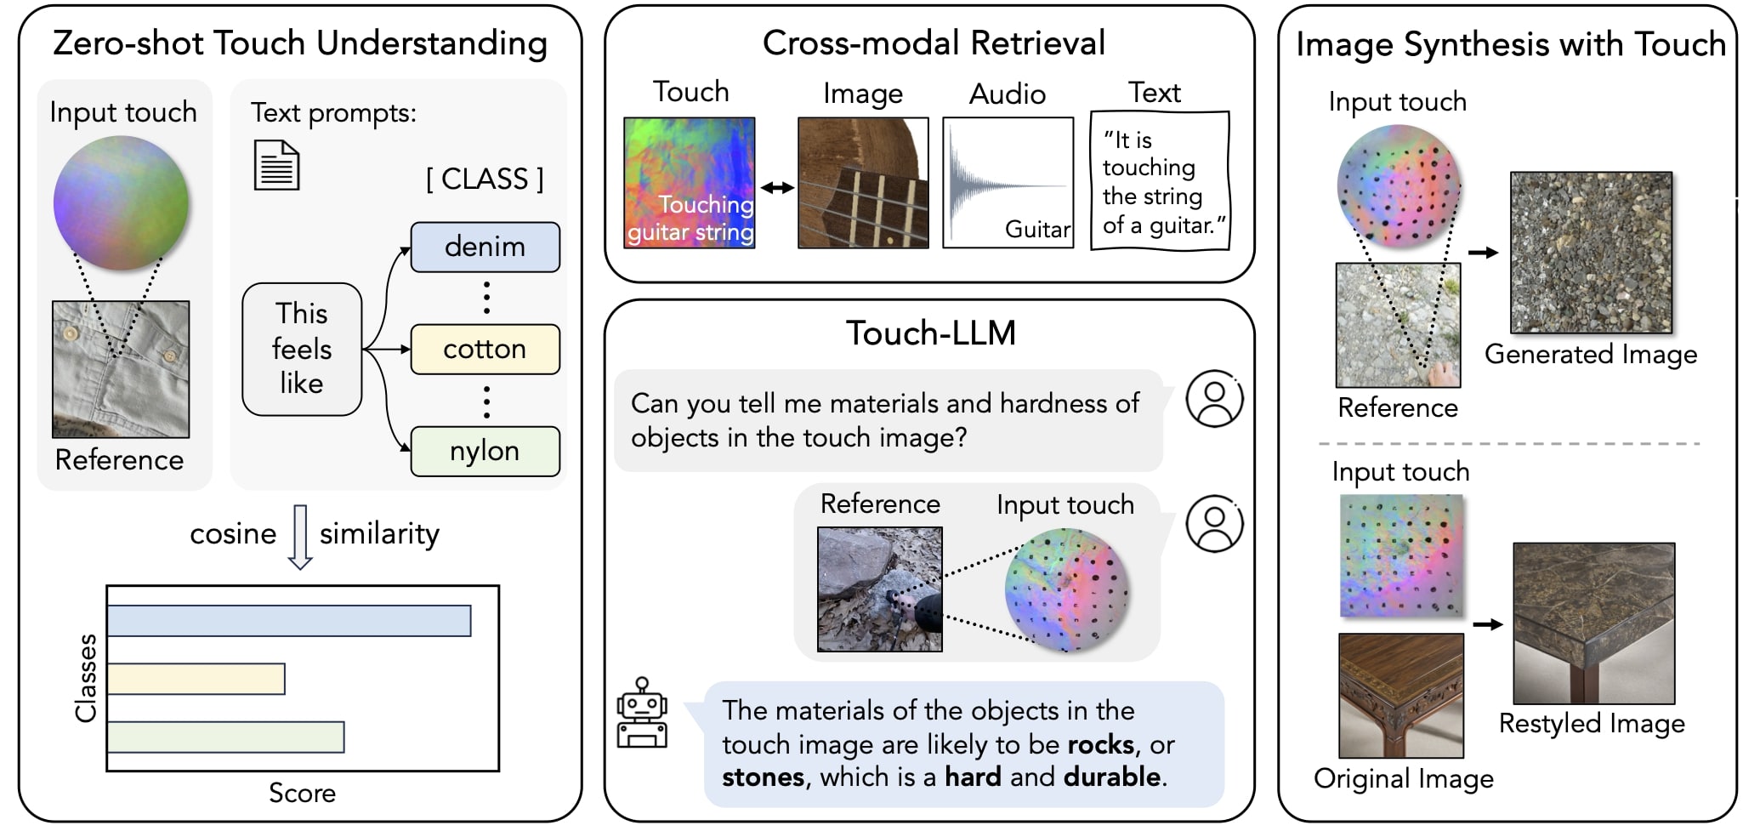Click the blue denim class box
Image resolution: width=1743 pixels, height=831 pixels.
(x=485, y=247)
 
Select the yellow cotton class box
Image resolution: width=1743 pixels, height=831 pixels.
(x=485, y=349)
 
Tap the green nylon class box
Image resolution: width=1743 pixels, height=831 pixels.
(x=485, y=451)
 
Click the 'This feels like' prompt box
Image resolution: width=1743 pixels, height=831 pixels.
(x=302, y=349)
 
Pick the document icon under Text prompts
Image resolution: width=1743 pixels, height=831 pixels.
(x=277, y=165)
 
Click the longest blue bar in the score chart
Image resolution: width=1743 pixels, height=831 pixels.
(x=289, y=620)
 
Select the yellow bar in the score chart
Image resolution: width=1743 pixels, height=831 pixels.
(x=196, y=679)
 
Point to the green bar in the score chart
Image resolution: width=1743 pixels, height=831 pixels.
(x=226, y=737)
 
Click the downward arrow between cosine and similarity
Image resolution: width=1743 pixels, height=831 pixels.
(x=300, y=537)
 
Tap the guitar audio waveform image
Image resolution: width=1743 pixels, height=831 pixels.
(x=1008, y=183)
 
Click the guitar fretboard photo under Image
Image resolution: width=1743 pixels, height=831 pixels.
(x=863, y=183)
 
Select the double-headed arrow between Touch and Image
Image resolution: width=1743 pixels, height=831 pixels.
(x=777, y=188)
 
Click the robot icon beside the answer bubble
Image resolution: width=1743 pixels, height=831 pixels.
(x=642, y=713)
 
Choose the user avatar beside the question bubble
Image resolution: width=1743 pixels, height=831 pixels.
(x=1215, y=398)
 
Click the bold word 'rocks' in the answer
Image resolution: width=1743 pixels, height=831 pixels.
(x=1101, y=744)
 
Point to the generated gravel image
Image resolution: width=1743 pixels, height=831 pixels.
(x=1591, y=253)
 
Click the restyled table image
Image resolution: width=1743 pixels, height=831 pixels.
(x=1594, y=623)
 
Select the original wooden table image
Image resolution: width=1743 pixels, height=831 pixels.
(x=1401, y=696)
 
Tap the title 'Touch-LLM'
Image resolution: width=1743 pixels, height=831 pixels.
(x=931, y=333)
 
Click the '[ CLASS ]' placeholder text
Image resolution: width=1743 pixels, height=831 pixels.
(x=485, y=179)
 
